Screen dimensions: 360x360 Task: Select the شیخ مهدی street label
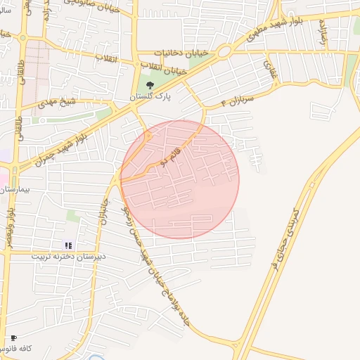(57, 103)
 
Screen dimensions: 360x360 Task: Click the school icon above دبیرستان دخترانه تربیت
(68, 245)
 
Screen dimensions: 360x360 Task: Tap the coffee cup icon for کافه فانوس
(14, 338)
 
